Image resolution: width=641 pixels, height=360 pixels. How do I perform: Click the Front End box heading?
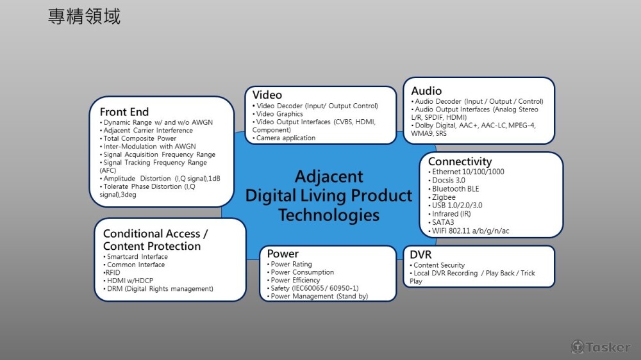click(124, 111)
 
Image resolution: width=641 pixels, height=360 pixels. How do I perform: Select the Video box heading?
click(267, 95)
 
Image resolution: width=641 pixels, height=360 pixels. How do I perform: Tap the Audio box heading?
click(426, 91)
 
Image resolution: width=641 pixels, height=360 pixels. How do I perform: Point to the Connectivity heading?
click(460, 161)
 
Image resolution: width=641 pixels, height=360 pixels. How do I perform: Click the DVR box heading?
click(420, 254)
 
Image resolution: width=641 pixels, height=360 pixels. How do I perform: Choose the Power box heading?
click(283, 254)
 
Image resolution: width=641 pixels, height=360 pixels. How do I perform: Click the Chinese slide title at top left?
click(84, 17)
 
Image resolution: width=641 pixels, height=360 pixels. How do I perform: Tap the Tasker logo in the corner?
click(601, 347)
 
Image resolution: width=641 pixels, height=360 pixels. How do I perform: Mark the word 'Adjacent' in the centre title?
click(329, 177)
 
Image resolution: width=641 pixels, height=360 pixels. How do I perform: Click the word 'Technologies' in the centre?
click(329, 215)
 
